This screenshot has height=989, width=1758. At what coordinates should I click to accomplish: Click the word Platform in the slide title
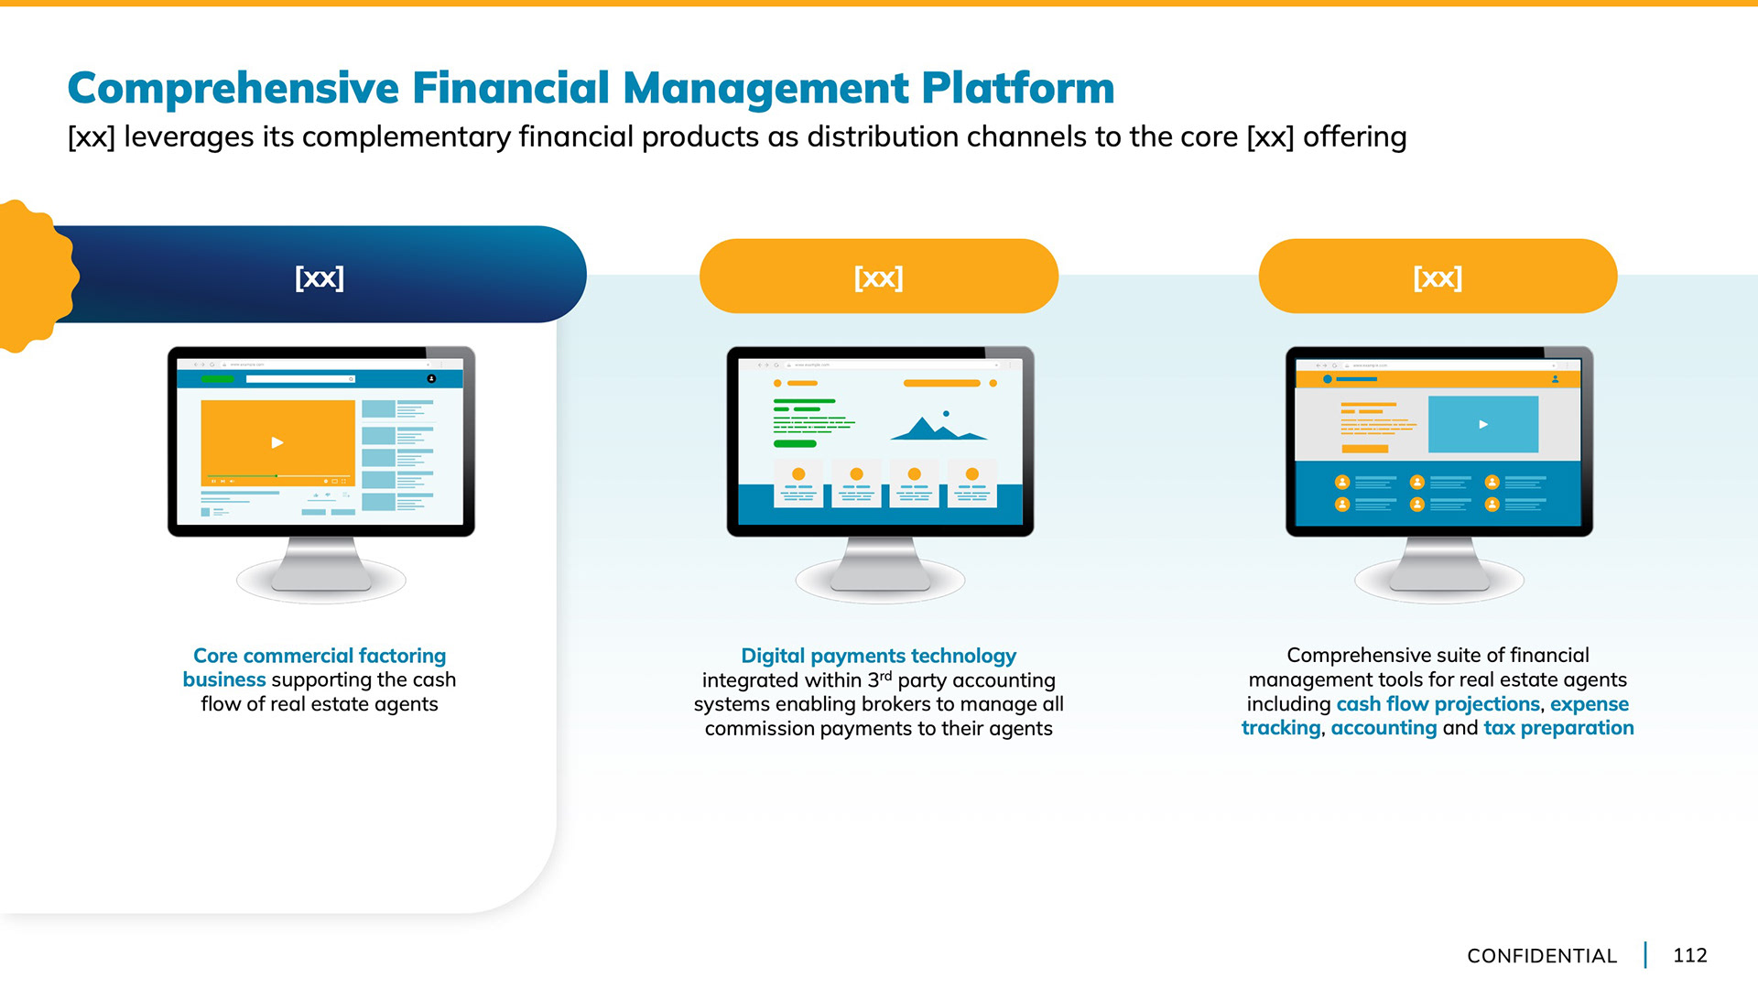point(1017,89)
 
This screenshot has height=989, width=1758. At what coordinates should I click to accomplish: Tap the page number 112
point(1689,955)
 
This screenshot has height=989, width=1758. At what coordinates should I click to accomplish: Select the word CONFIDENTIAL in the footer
point(1541,956)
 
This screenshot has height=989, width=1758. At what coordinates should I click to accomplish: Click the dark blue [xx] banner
point(320,277)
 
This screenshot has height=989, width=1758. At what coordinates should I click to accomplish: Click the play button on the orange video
point(277,442)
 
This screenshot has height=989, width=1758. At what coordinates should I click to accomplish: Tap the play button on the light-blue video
point(1483,424)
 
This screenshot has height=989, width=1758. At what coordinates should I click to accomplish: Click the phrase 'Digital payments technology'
point(878,656)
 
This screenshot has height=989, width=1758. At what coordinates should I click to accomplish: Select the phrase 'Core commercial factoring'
point(320,656)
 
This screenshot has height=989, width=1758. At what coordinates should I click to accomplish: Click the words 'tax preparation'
point(1558,728)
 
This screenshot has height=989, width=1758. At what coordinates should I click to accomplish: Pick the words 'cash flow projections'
point(1438,704)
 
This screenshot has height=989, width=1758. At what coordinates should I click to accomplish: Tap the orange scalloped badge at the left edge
point(35,276)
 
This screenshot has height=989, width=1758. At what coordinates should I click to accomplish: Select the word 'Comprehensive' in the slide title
point(233,89)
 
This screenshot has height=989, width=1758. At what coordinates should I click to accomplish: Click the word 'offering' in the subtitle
point(1354,137)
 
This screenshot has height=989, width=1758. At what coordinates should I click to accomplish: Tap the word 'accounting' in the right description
point(1384,728)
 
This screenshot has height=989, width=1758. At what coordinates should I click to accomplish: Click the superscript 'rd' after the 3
point(885,675)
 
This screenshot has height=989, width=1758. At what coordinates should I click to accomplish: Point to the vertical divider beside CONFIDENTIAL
point(1645,955)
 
